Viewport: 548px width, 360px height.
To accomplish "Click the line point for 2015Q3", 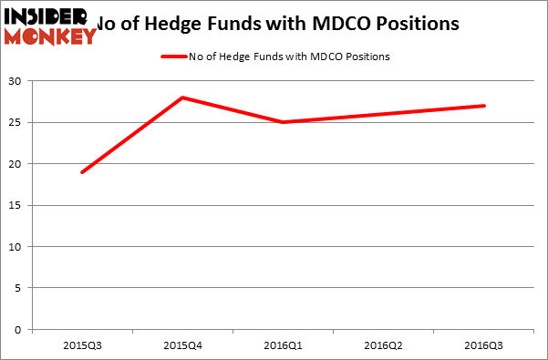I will (x=82, y=172).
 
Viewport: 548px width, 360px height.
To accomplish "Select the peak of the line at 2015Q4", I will (x=183, y=98).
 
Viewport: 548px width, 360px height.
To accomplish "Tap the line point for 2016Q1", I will (x=284, y=122).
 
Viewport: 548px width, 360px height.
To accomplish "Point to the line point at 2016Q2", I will (x=384, y=114).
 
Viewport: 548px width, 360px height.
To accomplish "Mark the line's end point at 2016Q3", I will (x=484, y=106).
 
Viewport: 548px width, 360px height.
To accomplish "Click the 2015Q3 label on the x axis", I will (x=82, y=346).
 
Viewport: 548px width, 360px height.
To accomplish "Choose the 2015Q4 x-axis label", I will (x=183, y=346).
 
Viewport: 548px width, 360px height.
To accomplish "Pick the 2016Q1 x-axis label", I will (x=284, y=346).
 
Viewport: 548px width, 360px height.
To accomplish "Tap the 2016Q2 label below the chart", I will (x=384, y=346).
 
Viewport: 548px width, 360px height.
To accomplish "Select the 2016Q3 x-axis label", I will (x=484, y=346).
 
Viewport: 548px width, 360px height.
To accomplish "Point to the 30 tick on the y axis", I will (x=16, y=81).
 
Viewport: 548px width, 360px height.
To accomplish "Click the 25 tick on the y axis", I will (x=16, y=123).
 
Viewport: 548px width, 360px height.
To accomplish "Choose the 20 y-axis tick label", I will (x=16, y=164).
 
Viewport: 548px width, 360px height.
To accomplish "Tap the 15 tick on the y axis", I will (x=16, y=206).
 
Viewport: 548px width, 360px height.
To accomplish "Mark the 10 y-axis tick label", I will (x=16, y=247).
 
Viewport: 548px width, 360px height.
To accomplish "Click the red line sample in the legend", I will (x=174, y=57).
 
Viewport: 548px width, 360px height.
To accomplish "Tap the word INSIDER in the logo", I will (x=46, y=16).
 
